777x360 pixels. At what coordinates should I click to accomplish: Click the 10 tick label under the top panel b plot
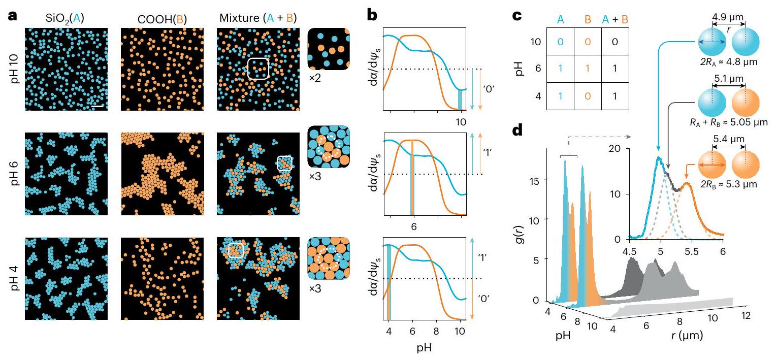(460, 122)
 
